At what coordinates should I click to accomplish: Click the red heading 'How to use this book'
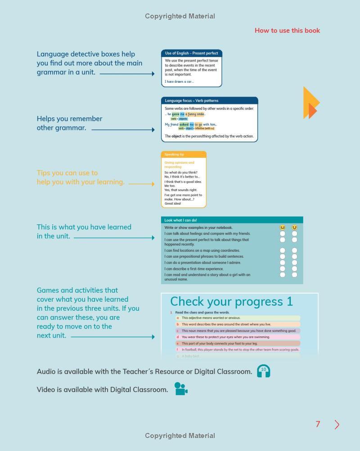(x=287, y=31)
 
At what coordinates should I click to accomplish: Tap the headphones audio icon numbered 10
(x=263, y=371)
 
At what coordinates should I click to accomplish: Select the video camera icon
(x=180, y=389)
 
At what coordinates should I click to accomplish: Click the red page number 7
(x=318, y=424)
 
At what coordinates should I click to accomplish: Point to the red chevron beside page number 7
(x=337, y=424)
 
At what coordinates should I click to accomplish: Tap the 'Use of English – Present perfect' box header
(x=191, y=53)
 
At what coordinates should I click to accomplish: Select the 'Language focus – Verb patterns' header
(x=209, y=101)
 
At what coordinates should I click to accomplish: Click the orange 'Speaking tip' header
(x=184, y=154)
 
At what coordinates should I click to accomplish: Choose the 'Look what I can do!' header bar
(x=232, y=220)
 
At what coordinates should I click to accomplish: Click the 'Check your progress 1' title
(x=231, y=301)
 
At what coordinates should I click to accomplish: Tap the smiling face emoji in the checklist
(x=294, y=228)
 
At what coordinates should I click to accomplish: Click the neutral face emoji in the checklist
(x=283, y=228)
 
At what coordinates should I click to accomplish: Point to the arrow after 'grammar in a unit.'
(x=127, y=73)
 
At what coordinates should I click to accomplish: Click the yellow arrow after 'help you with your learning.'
(x=141, y=183)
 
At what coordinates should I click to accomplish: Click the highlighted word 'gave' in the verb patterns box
(x=175, y=114)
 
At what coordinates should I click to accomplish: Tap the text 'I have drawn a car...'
(x=179, y=82)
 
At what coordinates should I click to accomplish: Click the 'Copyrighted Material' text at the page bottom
(x=180, y=435)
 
